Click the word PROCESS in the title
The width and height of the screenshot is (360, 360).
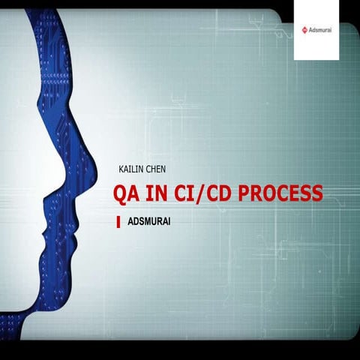tap(280, 194)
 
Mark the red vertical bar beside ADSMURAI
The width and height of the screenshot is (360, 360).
tap(118, 222)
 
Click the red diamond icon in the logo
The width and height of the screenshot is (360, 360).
tap(304, 30)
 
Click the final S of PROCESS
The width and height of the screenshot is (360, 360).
tap(317, 194)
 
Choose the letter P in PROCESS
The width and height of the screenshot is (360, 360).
tap(244, 194)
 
